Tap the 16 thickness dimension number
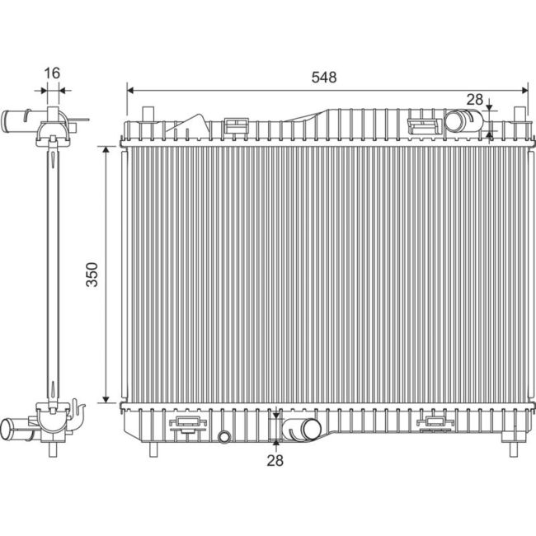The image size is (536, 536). point(51,73)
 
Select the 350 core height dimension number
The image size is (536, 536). point(92,275)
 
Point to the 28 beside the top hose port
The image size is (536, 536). point(474,100)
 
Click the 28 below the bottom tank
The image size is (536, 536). point(275,461)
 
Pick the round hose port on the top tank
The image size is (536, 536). point(456,123)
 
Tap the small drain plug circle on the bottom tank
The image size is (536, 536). point(223,436)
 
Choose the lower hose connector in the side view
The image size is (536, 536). point(20,429)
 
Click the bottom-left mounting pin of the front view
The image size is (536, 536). point(153,449)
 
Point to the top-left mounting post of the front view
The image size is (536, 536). point(148,113)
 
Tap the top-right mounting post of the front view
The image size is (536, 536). point(520,113)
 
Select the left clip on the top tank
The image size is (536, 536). point(237,125)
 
